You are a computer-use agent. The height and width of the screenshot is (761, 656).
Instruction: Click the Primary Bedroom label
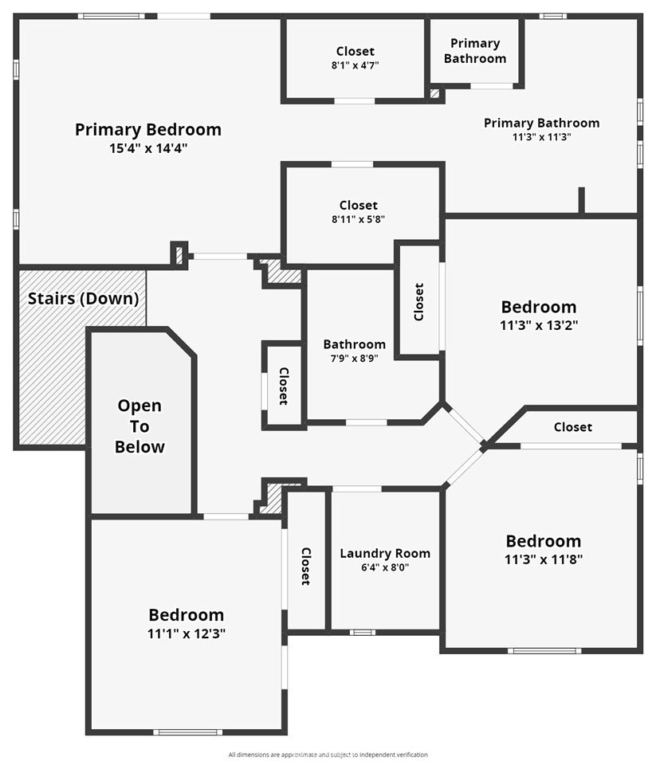(148, 130)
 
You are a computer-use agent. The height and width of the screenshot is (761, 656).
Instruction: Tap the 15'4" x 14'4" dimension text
(148, 148)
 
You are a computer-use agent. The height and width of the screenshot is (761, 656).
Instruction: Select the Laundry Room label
(385, 553)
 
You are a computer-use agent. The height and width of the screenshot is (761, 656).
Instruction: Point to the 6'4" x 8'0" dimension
(385, 567)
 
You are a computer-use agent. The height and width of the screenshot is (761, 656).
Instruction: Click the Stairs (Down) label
(83, 299)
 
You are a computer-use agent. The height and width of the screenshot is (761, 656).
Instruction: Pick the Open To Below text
(139, 426)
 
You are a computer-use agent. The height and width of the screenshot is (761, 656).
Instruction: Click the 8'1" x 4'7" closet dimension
(355, 65)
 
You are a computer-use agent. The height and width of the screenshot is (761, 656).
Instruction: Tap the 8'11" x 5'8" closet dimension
(359, 219)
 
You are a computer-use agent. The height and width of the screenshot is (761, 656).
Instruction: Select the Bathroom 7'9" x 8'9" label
(355, 351)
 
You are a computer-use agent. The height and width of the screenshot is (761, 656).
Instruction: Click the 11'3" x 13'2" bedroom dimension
(539, 325)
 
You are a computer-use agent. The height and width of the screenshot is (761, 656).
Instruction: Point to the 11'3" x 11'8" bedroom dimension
(544, 559)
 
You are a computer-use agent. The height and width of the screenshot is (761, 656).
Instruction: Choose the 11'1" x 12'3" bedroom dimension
(187, 634)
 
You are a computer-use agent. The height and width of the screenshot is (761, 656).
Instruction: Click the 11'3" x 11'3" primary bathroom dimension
(541, 137)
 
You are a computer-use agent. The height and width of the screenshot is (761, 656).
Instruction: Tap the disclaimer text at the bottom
(328, 755)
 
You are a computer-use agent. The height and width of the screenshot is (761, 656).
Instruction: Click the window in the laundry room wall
(363, 632)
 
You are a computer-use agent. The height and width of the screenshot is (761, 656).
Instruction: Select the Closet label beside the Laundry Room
(306, 567)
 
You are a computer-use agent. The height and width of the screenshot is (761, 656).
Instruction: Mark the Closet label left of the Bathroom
(284, 386)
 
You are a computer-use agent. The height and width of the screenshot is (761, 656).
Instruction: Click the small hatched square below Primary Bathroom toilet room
(434, 92)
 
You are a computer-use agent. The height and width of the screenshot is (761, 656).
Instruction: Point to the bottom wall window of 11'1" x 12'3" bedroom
(187, 732)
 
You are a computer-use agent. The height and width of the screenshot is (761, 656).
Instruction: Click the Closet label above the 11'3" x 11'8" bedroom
(573, 427)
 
